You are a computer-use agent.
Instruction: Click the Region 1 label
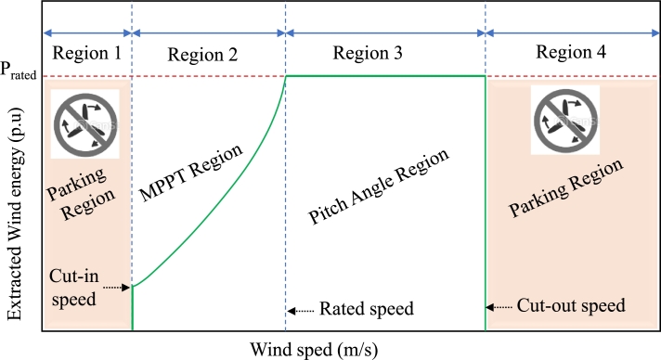pyautogui.click(x=88, y=53)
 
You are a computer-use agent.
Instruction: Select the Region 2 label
pyautogui.click(x=203, y=54)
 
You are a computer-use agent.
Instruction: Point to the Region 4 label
pyautogui.click(x=573, y=53)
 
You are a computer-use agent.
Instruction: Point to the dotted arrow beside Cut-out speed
pyautogui.click(x=501, y=305)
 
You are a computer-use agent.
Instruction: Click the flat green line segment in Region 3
pyautogui.click(x=385, y=76)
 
